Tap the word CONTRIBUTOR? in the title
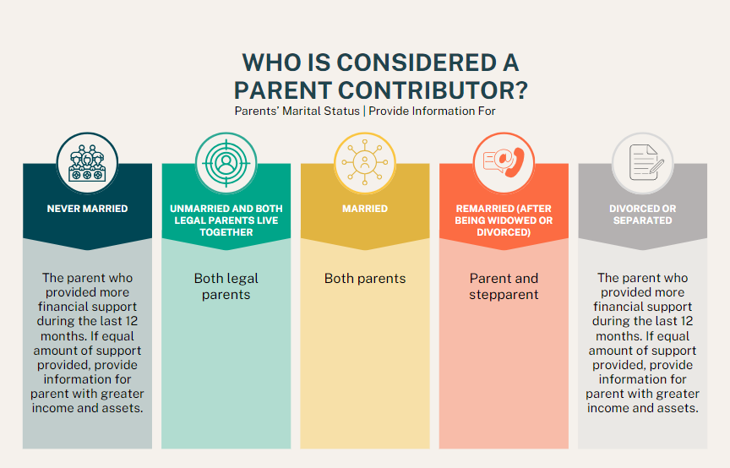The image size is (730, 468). (x=433, y=90)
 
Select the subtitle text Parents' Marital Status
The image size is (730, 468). (x=297, y=112)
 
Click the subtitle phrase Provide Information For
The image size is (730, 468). (x=432, y=112)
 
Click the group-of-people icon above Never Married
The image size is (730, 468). (x=88, y=163)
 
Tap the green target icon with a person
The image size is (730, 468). (x=226, y=163)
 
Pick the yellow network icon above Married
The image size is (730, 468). (x=365, y=163)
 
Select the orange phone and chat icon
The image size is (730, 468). (x=504, y=163)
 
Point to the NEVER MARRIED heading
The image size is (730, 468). (x=88, y=209)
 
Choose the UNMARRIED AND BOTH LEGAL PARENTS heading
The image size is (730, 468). (x=226, y=220)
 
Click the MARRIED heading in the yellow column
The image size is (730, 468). (x=365, y=209)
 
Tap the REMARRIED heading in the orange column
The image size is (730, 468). (x=504, y=220)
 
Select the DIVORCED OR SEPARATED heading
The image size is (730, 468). (x=642, y=215)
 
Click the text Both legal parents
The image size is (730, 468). (x=226, y=286)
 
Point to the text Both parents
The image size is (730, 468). (x=365, y=279)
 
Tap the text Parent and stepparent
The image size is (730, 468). (x=504, y=286)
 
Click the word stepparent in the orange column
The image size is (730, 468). (x=504, y=295)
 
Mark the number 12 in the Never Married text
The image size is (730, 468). (x=131, y=321)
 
